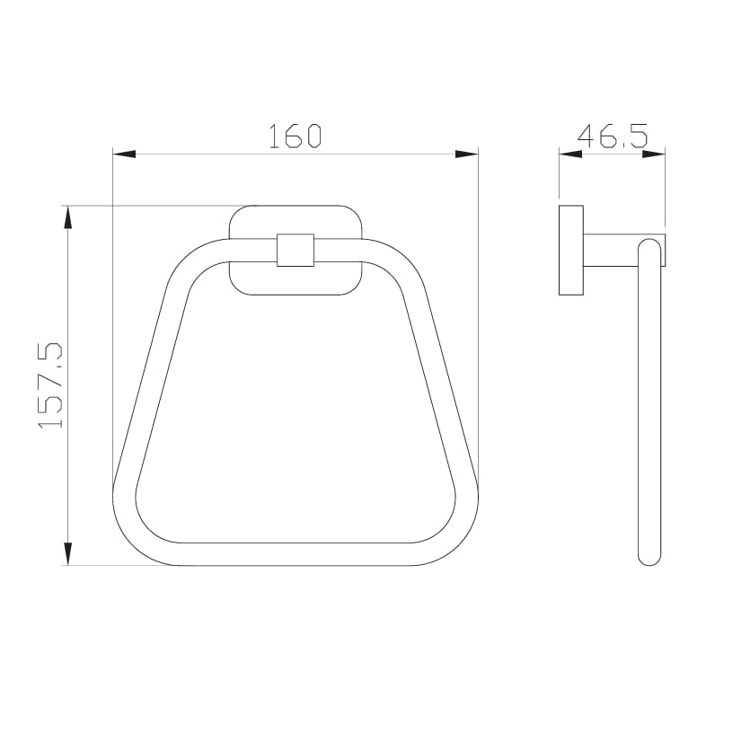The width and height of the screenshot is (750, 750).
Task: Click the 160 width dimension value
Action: click(x=295, y=136)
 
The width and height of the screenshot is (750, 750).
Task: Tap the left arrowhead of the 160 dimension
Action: click(x=124, y=154)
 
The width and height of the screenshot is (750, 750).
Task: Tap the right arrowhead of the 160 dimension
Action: click(x=466, y=154)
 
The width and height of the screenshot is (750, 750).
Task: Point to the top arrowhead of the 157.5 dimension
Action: click(x=66, y=217)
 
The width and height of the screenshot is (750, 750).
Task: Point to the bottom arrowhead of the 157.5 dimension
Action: click(x=66, y=553)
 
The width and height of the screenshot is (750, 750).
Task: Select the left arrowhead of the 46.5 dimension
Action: click(x=570, y=154)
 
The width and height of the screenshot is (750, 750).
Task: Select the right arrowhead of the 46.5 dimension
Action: click(x=654, y=154)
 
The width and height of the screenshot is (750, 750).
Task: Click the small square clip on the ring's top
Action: click(x=296, y=250)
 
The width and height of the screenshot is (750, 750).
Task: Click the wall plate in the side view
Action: click(x=570, y=250)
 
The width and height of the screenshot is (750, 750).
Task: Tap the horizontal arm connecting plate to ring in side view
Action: click(x=611, y=251)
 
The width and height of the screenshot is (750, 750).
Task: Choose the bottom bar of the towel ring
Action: click(x=296, y=554)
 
